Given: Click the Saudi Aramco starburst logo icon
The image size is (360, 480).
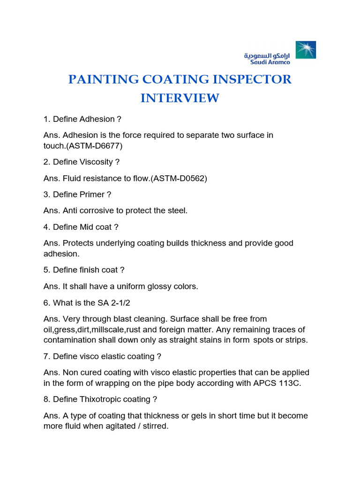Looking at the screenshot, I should [x=305, y=50].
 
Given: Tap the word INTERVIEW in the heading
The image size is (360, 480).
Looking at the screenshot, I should [x=180, y=98].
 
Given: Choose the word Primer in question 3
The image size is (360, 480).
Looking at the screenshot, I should [x=92, y=194].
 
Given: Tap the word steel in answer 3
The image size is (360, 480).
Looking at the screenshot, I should [x=176, y=210].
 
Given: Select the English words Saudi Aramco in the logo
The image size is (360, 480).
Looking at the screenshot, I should [x=267, y=61].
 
